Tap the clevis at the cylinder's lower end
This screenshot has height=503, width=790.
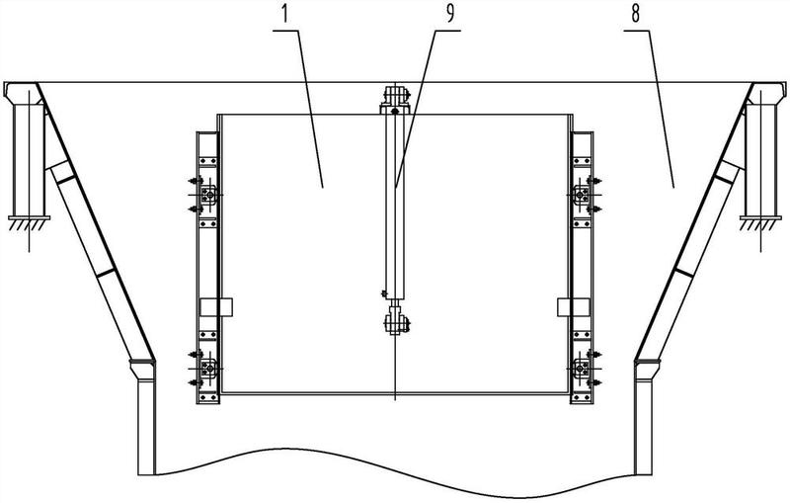point(394,320)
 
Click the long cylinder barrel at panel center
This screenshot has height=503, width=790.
point(394,208)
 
